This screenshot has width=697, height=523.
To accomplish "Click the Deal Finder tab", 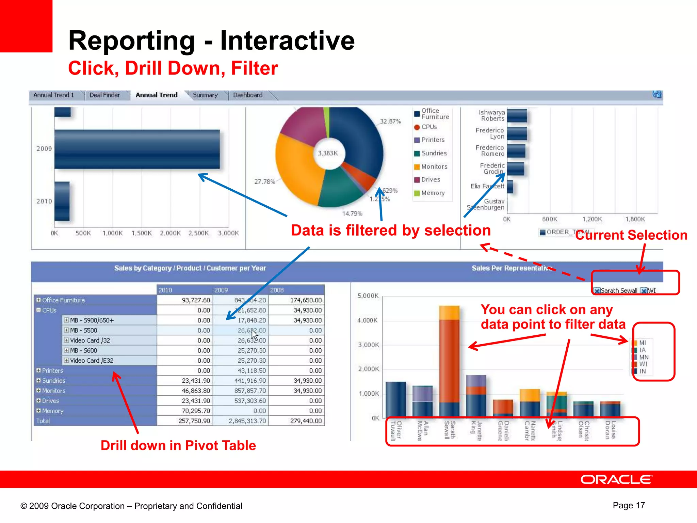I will tap(104, 95).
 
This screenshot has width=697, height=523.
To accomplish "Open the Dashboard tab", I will tap(247, 95).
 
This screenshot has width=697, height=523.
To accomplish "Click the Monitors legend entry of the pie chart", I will tap(434, 167).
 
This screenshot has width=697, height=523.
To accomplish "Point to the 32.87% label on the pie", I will tap(390, 121).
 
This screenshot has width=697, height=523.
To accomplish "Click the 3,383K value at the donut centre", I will tap(328, 153).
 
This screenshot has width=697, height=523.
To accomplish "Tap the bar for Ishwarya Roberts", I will tap(517, 115).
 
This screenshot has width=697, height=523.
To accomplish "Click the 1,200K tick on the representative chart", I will tap(592, 219).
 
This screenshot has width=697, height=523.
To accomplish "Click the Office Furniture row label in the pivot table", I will tap(63, 300).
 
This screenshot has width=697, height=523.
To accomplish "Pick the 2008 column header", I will tap(277, 290).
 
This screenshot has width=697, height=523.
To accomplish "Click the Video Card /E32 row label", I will tap(92, 360).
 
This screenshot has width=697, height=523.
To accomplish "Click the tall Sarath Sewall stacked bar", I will tap(449, 361).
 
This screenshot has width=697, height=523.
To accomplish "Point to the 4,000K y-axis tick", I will tap(367, 320).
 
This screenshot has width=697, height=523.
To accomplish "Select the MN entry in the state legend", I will tap(643, 357).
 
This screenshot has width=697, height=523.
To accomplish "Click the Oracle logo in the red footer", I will tap(616, 479).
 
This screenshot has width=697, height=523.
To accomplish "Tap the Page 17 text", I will tap(629, 505).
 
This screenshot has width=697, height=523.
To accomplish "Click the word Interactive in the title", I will tap(287, 41).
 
